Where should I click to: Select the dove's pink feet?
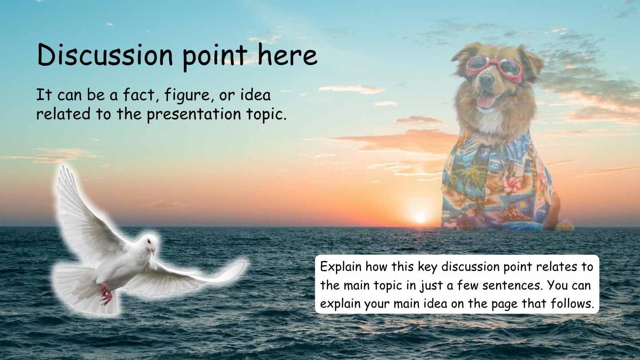click(105, 294)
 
